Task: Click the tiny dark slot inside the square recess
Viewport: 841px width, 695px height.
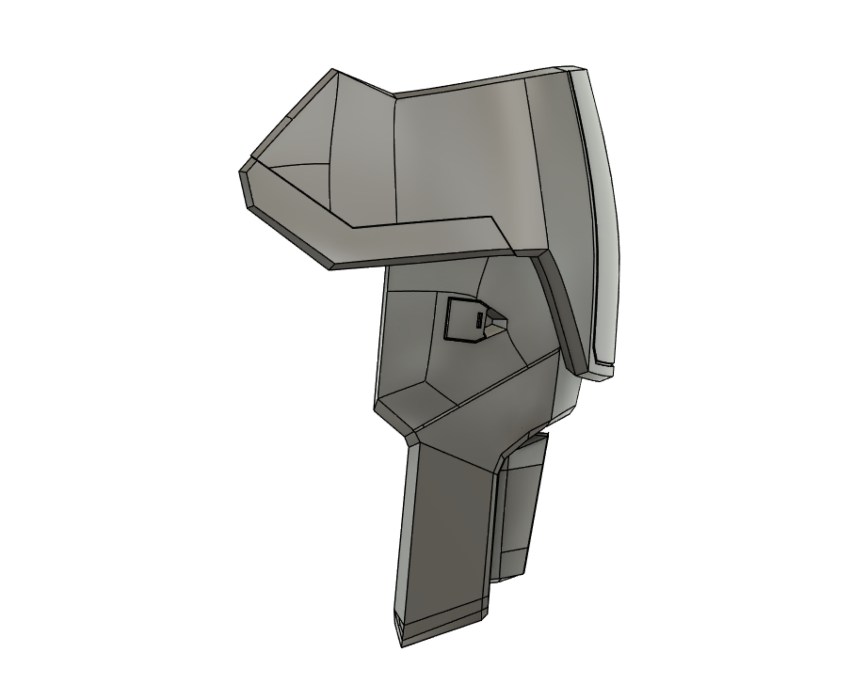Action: coord(479,320)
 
